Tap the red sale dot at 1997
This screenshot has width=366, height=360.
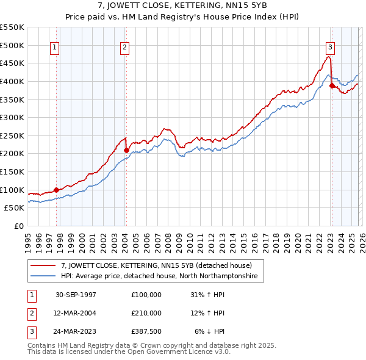[x=57, y=190]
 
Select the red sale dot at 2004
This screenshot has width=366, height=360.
[x=126, y=150]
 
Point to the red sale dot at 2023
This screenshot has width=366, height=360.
[x=332, y=86]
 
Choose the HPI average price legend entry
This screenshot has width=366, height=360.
[x=159, y=276]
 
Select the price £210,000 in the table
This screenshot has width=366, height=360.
[x=146, y=313]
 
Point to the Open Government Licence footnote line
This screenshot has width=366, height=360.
[x=129, y=352]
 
